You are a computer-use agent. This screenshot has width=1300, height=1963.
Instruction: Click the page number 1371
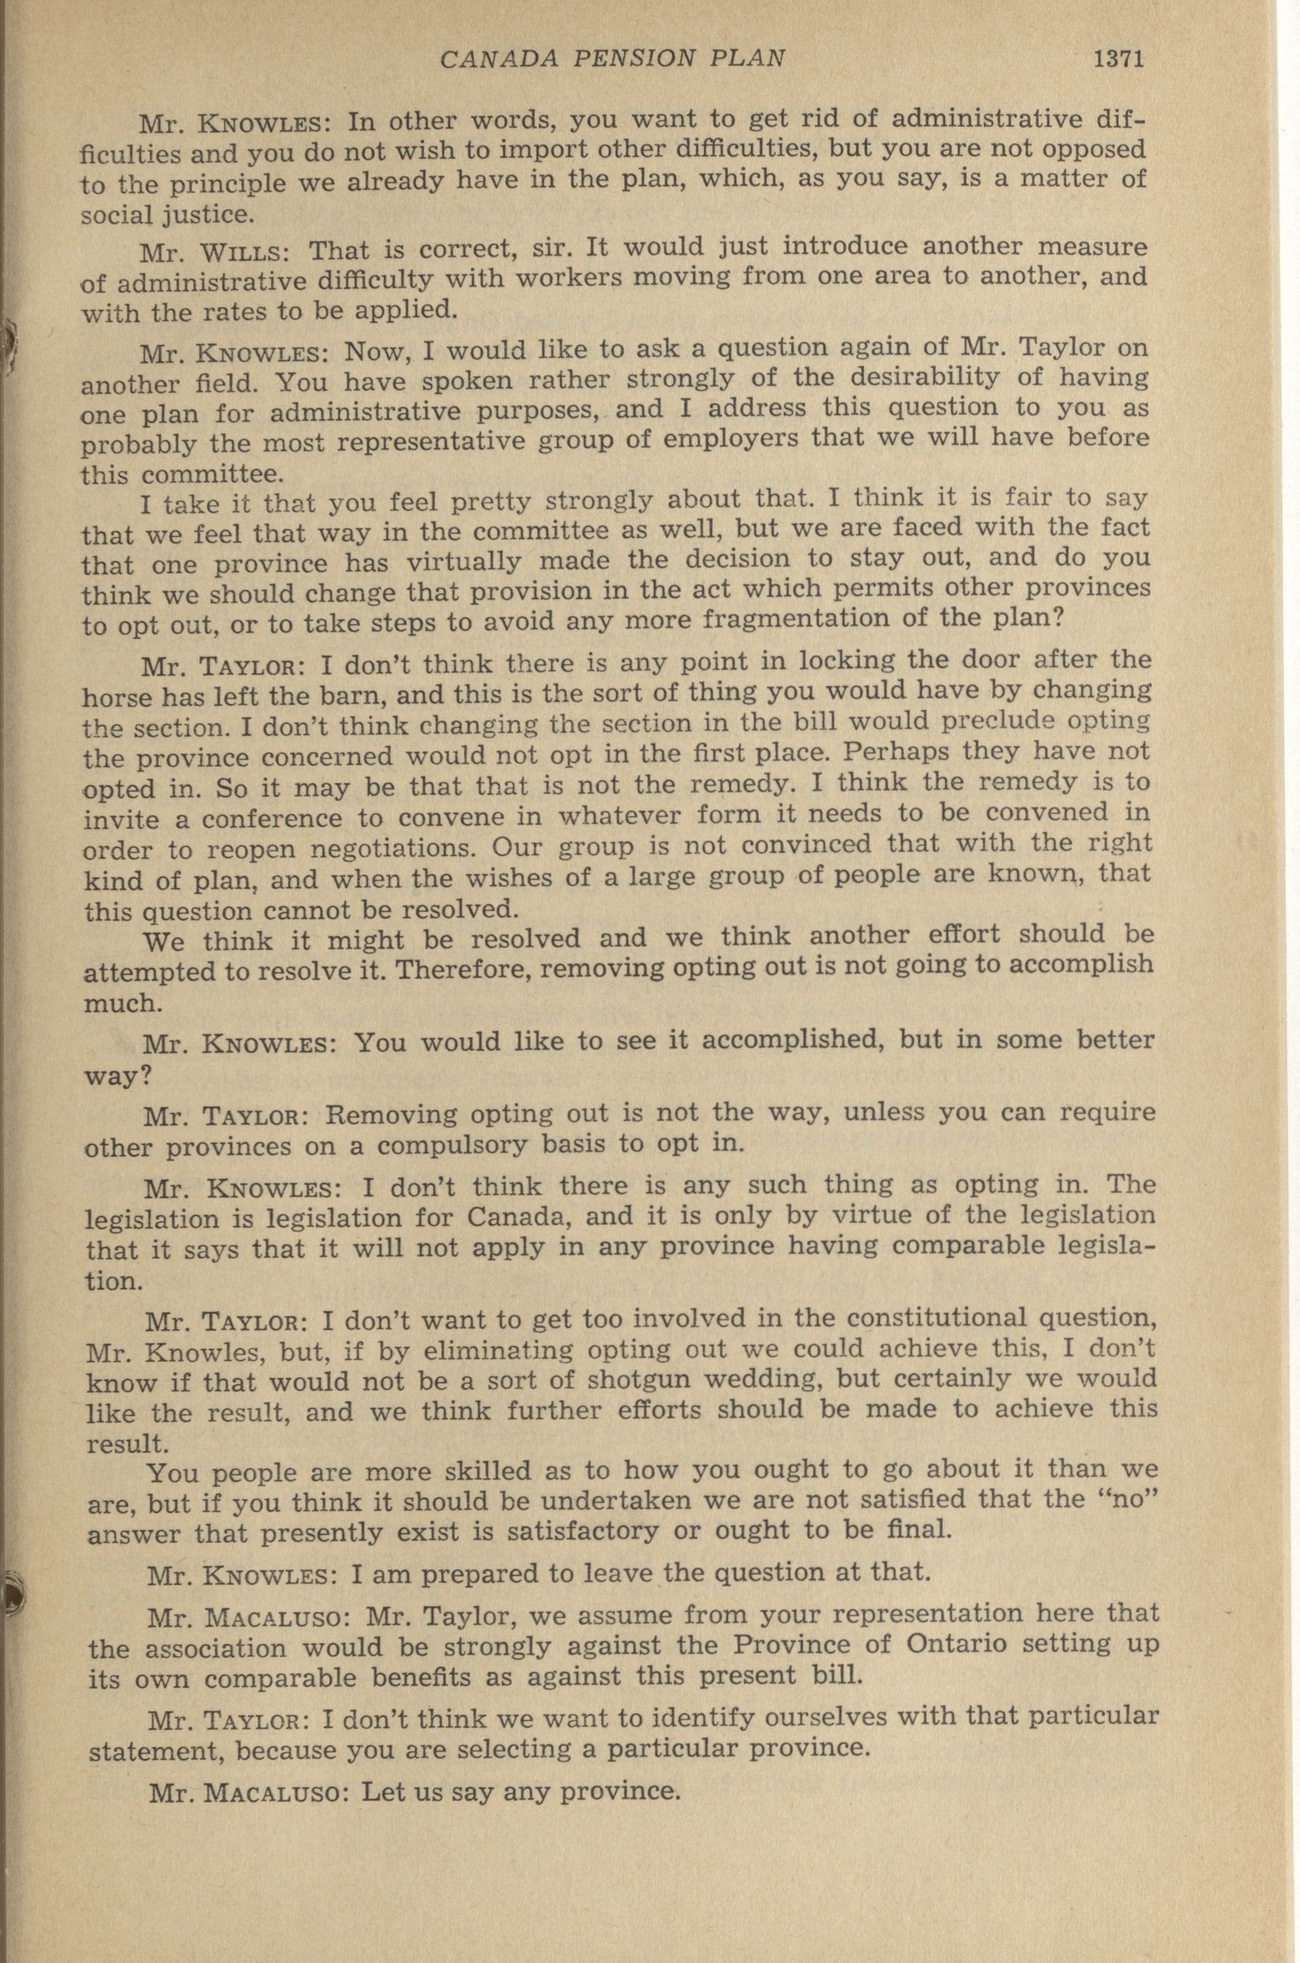pyautogui.click(x=1118, y=59)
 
